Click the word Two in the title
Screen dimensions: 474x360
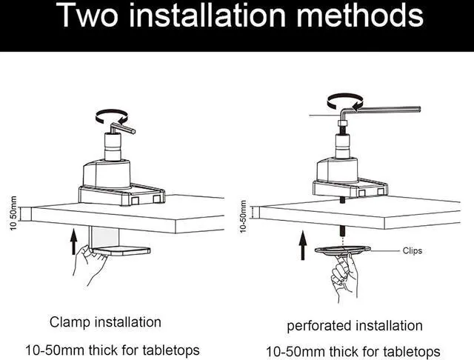87,15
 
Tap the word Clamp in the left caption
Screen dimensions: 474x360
70,322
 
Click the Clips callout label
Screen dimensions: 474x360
413,251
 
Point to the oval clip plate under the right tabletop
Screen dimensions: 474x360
342,250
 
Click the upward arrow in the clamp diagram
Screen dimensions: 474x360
73,241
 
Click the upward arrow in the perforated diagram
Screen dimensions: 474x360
303,245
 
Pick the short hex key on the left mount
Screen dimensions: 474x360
122,127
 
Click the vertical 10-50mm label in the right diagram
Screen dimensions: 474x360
244,216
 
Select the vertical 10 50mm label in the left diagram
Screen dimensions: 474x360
13,213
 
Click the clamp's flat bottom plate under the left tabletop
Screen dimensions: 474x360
121,251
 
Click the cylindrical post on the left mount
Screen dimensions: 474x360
113,147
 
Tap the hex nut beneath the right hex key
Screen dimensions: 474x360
342,123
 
